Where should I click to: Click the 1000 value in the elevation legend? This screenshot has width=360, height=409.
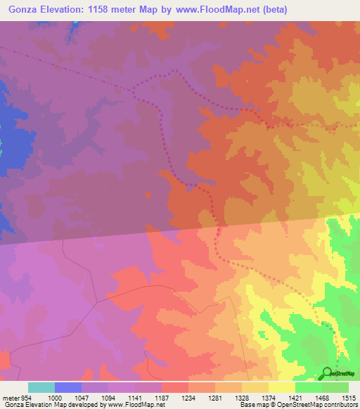click(54, 396)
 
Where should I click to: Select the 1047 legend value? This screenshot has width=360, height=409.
click(81, 396)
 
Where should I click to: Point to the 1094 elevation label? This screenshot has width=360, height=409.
click(108, 396)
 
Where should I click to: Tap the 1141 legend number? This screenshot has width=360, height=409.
click(134, 396)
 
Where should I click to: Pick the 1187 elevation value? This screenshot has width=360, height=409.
click(161, 396)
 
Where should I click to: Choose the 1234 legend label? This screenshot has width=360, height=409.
click(188, 396)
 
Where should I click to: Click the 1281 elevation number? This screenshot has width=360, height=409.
click(214, 396)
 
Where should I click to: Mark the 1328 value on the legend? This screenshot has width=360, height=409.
click(241, 396)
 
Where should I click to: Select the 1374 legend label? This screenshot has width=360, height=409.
click(268, 396)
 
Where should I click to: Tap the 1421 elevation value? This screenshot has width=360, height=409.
click(295, 396)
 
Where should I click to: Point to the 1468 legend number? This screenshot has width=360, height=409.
click(321, 396)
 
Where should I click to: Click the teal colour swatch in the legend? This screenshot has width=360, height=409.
click(41, 387)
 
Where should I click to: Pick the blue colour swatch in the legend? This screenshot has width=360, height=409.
click(67, 387)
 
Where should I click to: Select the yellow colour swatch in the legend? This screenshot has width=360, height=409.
click(281, 387)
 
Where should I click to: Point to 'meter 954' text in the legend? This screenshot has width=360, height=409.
click(15, 396)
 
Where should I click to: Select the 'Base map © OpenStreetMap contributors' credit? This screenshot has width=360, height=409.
click(296, 405)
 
